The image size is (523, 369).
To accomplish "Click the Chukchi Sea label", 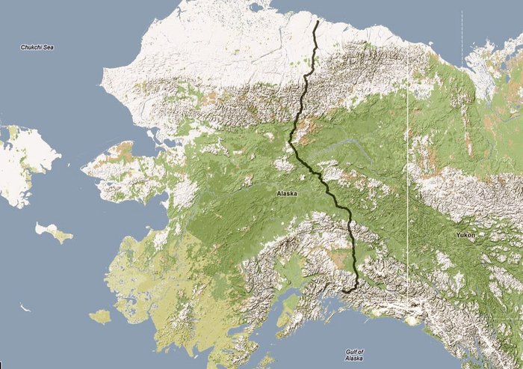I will [x=37, y=48].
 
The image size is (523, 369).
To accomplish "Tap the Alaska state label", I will [x=287, y=193].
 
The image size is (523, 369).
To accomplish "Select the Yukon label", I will [x=465, y=235].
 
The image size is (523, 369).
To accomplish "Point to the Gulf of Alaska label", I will [x=354, y=355].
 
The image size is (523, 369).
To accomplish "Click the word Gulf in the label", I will [x=354, y=351].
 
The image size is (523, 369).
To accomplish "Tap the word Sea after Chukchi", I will [x=49, y=48].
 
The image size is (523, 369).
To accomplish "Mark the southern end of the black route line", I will [x=344, y=290].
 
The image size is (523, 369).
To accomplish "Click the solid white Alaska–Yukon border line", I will [x=408, y=187].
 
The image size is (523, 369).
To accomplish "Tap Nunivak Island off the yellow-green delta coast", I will [x=100, y=317].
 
